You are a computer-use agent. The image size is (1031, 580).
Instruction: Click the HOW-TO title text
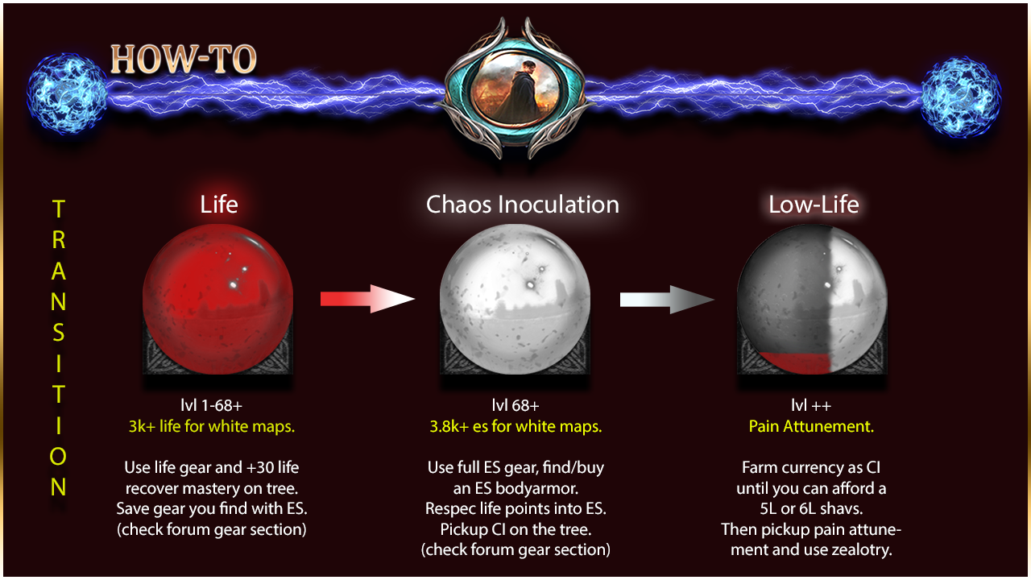click(x=183, y=60)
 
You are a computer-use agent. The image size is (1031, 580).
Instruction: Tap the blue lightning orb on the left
click(x=67, y=93)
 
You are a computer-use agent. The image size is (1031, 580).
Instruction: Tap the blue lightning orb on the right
click(x=961, y=96)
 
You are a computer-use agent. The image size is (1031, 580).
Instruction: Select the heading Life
click(x=218, y=204)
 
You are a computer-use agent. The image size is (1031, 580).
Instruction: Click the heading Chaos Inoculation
click(x=523, y=204)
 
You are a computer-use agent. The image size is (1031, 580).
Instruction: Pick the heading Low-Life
click(x=814, y=204)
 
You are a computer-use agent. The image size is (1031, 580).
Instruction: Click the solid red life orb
click(x=217, y=299)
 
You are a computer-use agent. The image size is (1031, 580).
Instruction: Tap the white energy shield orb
click(x=515, y=299)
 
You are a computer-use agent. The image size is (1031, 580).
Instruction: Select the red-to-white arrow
click(x=367, y=299)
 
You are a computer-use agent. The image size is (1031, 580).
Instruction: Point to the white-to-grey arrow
click(x=667, y=300)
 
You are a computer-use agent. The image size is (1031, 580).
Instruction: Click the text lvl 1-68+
click(x=211, y=405)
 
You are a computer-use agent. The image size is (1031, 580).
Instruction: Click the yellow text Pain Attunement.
click(x=811, y=426)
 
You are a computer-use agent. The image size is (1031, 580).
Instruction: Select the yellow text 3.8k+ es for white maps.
click(x=515, y=426)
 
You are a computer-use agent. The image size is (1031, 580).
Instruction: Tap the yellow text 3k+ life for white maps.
click(x=211, y=426)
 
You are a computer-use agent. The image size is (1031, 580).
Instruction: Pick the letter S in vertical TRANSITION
click(x=59, y=333)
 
